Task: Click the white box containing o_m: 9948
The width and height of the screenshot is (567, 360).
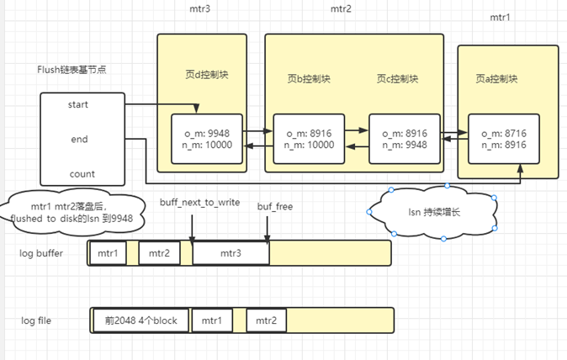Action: (x=207, y=138)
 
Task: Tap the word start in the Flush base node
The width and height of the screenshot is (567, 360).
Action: (x=78, y=105)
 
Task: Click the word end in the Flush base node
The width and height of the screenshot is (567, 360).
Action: (x=79, y=139)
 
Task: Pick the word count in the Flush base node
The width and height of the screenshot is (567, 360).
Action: (x=82, y=174)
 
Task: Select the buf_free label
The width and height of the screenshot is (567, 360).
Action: (x=274, y=204)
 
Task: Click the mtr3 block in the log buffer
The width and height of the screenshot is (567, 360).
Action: (x=231, y=253)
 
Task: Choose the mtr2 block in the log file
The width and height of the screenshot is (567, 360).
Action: (x=267, y=320)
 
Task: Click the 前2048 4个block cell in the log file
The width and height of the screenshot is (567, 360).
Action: (x=140, y=320)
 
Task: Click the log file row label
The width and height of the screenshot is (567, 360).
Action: (x=37, y=320)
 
